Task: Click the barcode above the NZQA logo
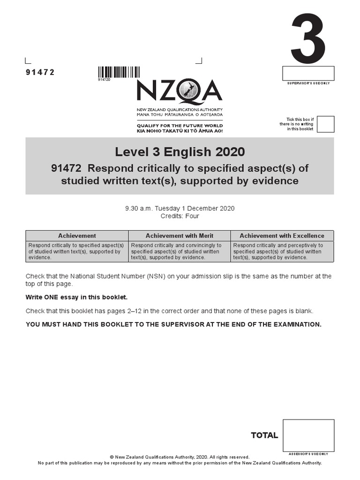119,72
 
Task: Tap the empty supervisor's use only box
308,74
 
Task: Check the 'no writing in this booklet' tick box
325,124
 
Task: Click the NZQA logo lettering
180,91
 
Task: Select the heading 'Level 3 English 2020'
180,152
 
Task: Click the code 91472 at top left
40,72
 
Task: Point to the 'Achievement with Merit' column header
179,236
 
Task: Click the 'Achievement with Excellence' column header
282,236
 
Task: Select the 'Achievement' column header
77,236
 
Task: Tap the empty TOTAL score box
308,435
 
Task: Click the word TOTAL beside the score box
264,435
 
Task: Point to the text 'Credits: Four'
180,216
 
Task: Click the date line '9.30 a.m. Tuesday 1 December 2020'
180,209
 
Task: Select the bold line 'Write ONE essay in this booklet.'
76,297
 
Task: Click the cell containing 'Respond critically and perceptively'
282,251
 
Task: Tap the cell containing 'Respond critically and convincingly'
179,251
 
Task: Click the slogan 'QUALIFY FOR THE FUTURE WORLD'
180,126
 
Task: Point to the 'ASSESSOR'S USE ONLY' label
308,454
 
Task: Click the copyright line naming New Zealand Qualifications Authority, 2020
180,457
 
